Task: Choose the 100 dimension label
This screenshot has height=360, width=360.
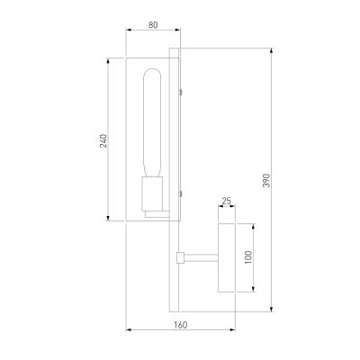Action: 249,258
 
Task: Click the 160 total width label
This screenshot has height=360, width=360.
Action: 179,325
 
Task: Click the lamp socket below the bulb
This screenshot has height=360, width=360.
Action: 151,194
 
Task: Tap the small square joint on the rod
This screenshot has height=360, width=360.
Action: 181,258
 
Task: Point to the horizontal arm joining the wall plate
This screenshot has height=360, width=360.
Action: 202,258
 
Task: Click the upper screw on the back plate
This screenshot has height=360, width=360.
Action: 182,90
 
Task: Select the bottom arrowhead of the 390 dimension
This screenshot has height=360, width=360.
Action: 272,310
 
